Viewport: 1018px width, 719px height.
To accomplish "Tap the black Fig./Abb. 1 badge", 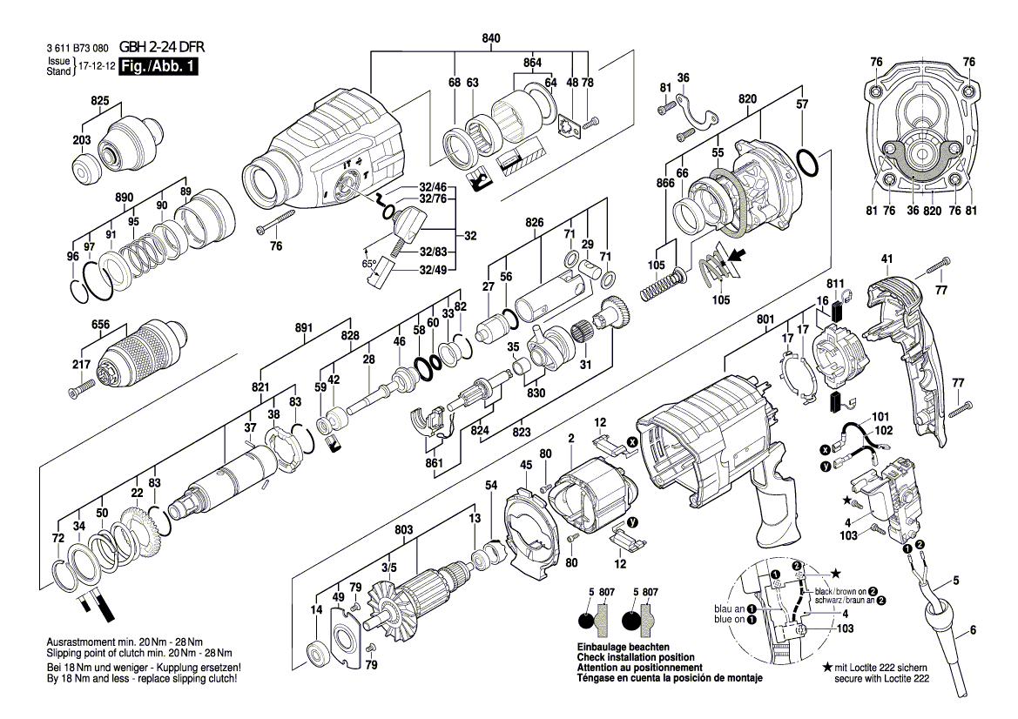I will pos(147,66).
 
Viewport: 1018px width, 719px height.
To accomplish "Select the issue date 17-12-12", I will pos(96,66).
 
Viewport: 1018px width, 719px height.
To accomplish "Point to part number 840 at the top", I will pos(491,38).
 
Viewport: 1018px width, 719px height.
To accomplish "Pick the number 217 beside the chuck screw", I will pos(80,365).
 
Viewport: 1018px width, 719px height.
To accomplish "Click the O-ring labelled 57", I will pos(806,163).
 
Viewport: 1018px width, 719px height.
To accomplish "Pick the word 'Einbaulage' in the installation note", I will pos(602,648).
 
